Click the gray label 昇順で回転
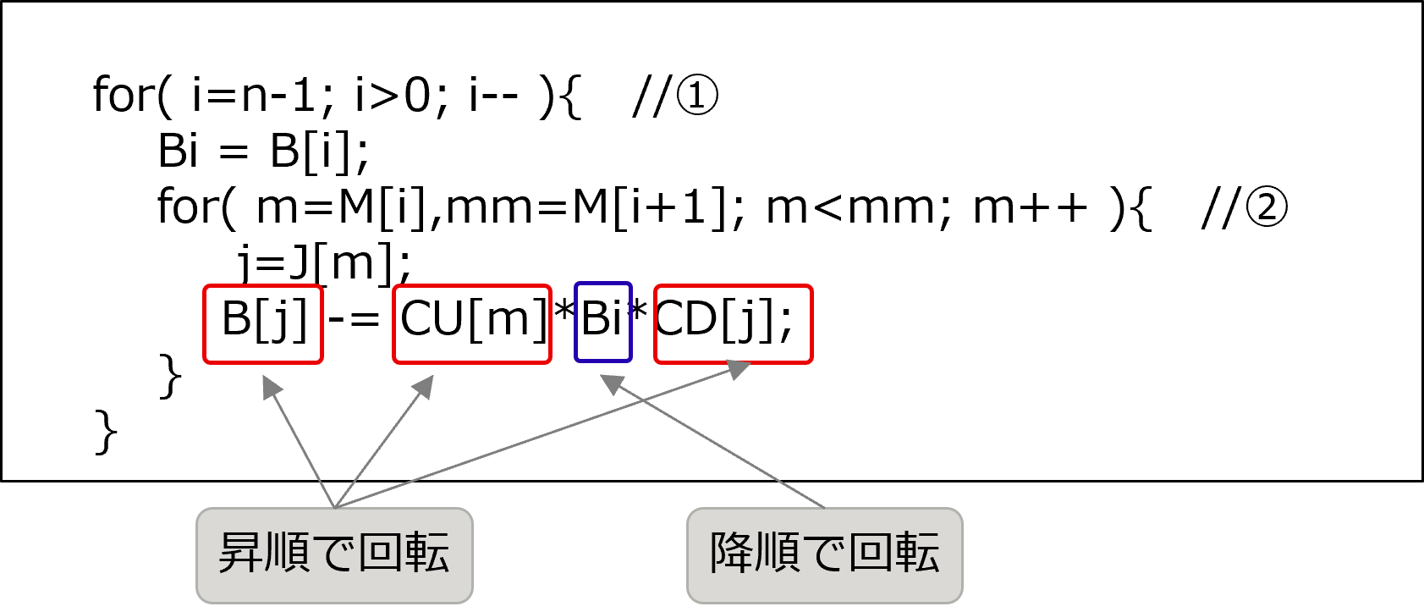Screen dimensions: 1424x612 [x=334, y=555]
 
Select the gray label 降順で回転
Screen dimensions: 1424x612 [x=824, y=555]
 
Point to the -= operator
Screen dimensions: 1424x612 [x=354, y=318]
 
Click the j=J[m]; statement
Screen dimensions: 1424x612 [x=324, y=262]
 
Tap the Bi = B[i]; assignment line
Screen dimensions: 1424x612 [x=263, y=152]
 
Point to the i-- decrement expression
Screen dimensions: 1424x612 [x=493, y=96]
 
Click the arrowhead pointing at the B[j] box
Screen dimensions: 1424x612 [x=271, y=386]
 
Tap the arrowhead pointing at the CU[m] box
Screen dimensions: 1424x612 [x=424, y=386]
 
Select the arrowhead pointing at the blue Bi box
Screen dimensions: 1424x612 [x=612, y=383]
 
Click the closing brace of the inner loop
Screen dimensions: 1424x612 [x=170, y=376]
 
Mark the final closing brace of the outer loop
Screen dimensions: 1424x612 [x=106, y=432]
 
